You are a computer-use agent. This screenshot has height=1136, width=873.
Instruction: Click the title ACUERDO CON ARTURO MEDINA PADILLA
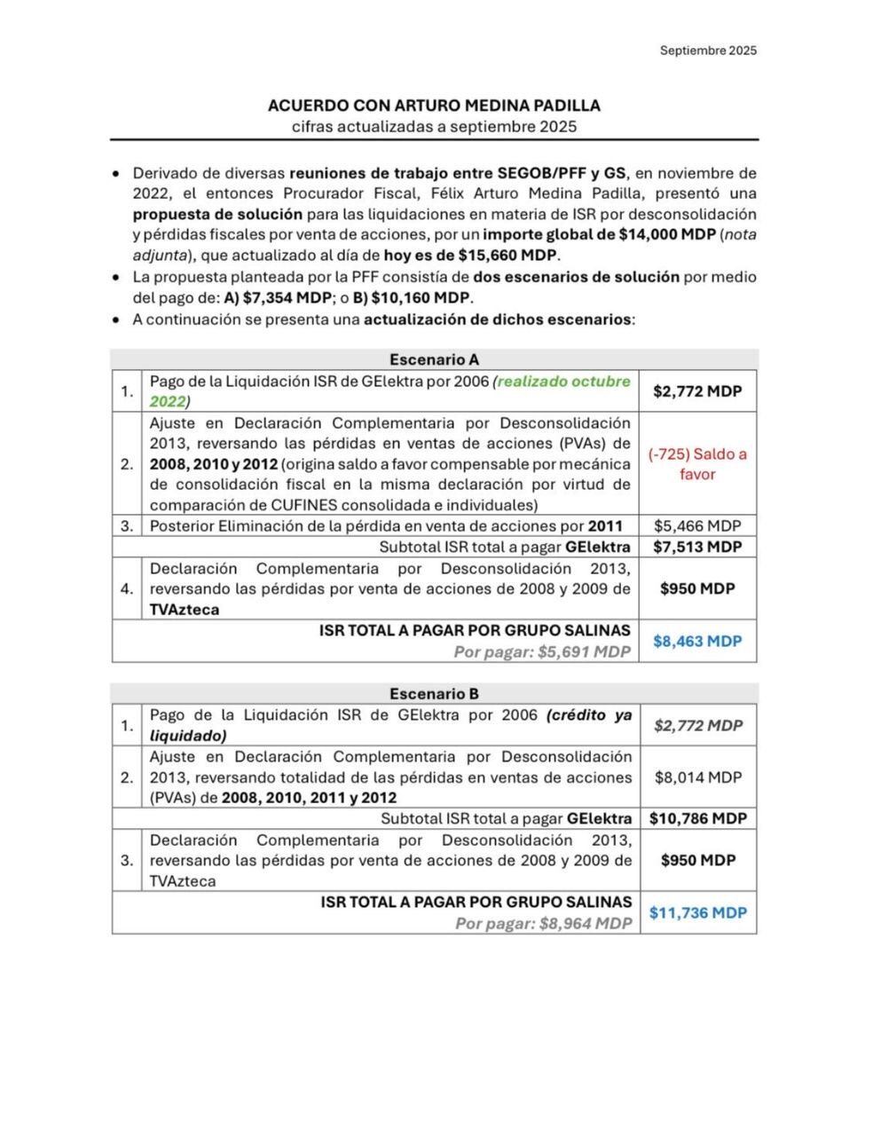(434, 105)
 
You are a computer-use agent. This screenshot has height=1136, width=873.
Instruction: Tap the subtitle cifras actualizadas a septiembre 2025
(434, 126)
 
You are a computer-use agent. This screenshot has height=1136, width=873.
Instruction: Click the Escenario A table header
(434, 359)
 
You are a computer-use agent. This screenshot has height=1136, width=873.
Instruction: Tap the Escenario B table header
(434, 693)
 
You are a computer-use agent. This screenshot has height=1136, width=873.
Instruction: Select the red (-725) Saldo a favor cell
(697, 464)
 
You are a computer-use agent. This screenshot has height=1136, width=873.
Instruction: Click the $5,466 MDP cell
(697, 525)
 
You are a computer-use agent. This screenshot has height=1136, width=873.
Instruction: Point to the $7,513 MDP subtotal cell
(697, 547)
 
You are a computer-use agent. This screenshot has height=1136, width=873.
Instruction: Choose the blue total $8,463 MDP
(697, 641)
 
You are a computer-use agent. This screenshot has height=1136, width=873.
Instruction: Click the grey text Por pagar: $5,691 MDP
(542, 652)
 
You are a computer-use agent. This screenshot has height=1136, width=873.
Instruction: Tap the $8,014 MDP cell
(697, 777)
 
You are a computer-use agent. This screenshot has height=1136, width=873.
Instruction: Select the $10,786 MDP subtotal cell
(697, 818)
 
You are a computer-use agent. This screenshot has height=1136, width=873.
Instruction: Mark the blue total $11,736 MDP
(697, 912)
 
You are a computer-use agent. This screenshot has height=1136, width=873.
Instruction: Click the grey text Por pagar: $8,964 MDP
(543, 924)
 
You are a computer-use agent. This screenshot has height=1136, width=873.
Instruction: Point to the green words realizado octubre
(563, 381)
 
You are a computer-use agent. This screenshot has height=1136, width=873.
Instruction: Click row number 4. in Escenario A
(127, 588)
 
